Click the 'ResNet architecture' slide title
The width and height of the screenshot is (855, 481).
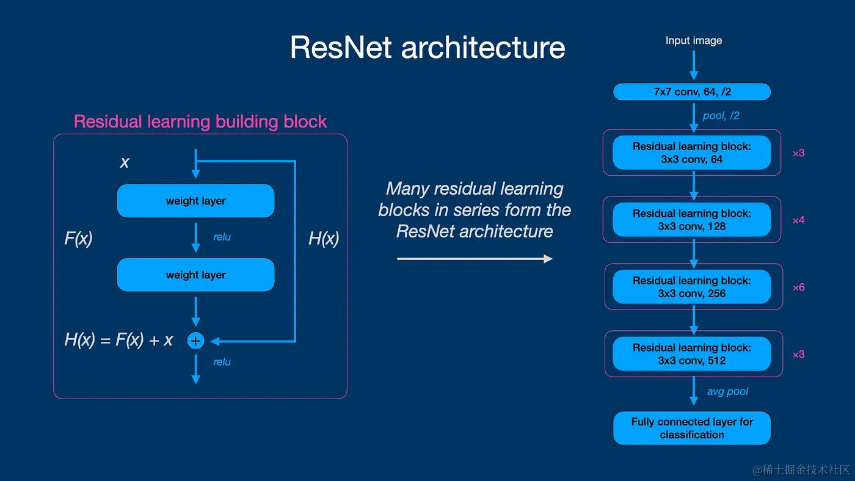[428, 48]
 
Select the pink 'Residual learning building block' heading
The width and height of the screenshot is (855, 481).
[200, 121]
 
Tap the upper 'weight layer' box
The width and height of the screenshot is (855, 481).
[195, 201]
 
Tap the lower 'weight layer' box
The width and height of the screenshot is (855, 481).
[195, 275]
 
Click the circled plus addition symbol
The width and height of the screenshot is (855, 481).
[195, 341]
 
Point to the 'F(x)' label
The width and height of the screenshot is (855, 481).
[78, 238]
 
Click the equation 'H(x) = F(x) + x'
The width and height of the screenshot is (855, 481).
[118, 340]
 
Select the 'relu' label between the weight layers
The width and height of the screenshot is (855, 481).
[222, 237]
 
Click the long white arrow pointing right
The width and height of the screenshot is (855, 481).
[475, 259]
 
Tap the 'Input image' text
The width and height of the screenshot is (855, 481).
[693, 41]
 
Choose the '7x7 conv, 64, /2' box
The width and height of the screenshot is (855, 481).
[692, 92]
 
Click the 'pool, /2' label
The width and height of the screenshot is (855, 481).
[721, 115]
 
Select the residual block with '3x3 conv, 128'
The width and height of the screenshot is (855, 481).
[692, 220]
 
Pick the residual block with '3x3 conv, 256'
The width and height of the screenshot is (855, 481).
[692, 287]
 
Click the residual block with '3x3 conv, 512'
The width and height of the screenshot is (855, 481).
[692, 354]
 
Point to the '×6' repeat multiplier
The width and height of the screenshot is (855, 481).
[798, 288]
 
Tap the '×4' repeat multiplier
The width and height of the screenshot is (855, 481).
[798, 220]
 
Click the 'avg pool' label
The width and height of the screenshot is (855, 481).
[727, 391]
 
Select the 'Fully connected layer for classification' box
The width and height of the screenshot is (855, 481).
[692, 429]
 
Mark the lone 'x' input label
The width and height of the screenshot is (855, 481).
[125, 162]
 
